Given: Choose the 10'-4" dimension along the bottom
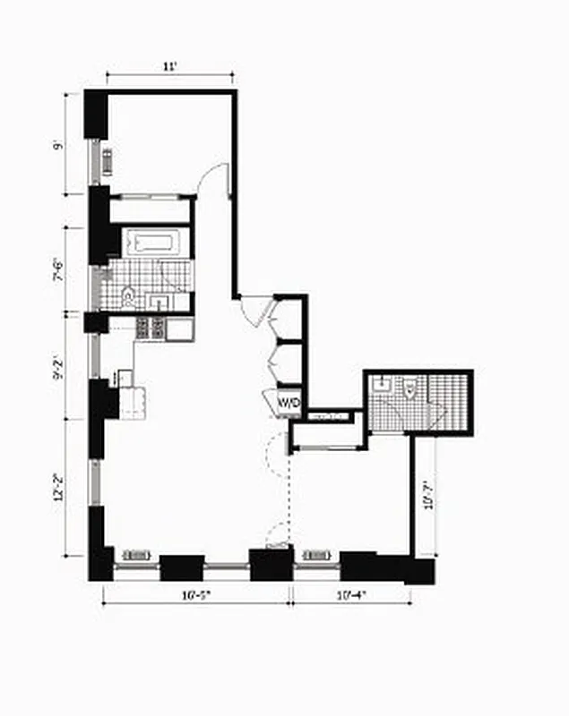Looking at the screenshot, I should [x=349, y=594].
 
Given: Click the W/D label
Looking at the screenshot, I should [x=289, y=403].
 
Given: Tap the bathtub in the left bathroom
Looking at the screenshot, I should [x=156, y=243].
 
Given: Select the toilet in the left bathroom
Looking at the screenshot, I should [x=128, y=294].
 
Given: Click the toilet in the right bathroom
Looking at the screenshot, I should [x=409, y=389].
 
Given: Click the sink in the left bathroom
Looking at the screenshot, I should [x=161, y=299].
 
